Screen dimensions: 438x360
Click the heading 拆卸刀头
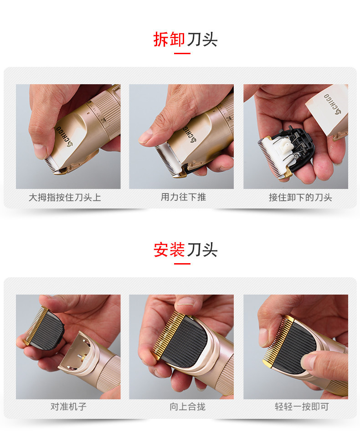185,40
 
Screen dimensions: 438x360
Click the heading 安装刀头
185,250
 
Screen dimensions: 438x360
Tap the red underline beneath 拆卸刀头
182,54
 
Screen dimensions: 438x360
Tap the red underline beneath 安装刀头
182,264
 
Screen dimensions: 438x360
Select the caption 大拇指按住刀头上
65,197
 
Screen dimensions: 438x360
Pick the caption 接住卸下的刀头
300,197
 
